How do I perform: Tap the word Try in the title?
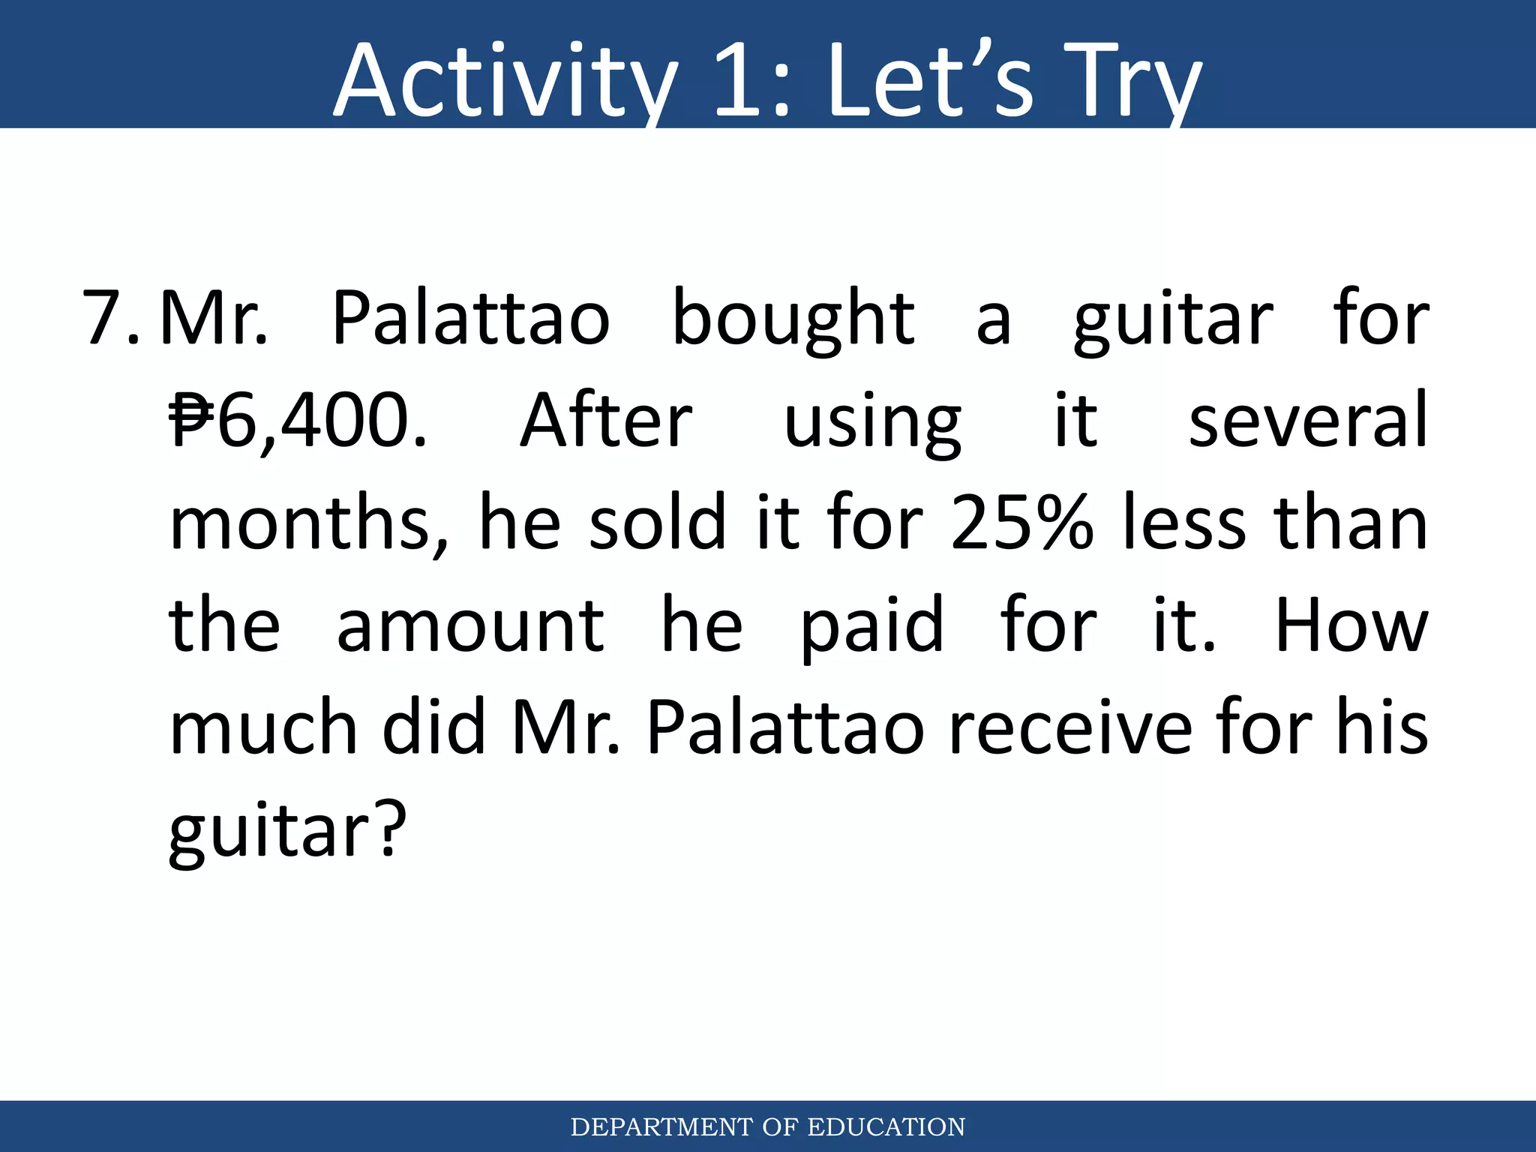click(1132, 81)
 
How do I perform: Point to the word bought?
click(793, 319)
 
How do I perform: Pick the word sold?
click(658, 523)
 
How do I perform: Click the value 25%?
click(1021, 523)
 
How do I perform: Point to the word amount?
click(469, 625)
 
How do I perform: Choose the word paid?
click(871, 627)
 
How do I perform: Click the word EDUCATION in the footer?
click(886, 1127)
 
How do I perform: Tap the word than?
click(1351, 523)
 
